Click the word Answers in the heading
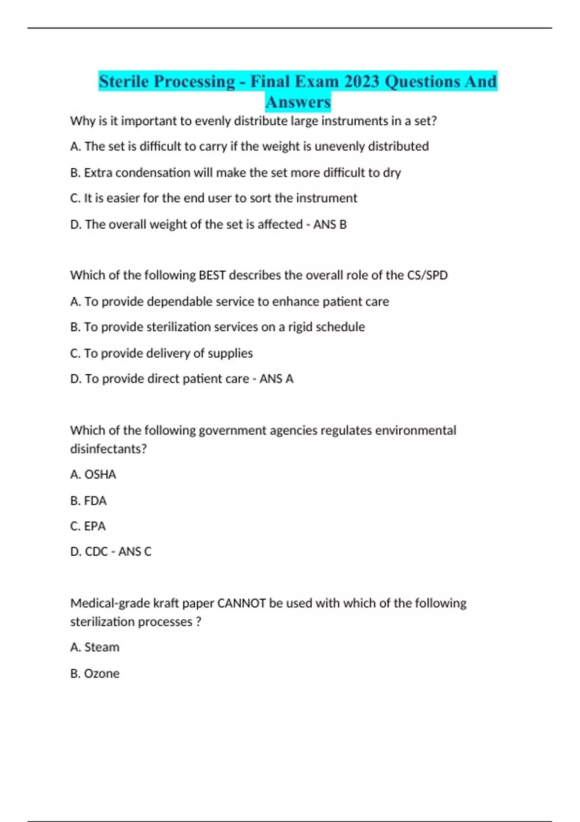tap(298, 102)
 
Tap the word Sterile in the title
tap(124, 81)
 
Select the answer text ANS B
tap(330, 224)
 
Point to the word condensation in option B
tap(153, 173)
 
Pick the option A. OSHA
tap(93, 474)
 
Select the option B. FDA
tap(88, 500)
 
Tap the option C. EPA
tap(88, 526)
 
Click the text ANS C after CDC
tap(135, 552)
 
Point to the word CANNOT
tap(242, 603)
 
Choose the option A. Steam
tap(95, 647)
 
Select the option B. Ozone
tap(95, 673)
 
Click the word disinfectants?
tap(108, 449)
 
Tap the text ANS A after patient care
tap(276, 379)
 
